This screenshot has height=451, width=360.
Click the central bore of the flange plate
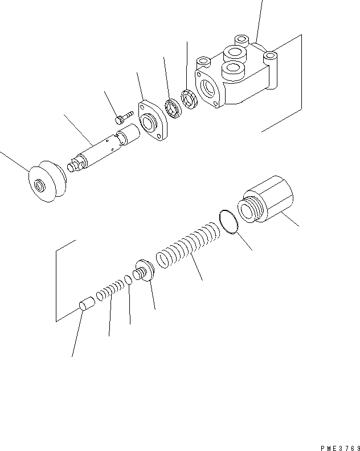[x=151, y=123]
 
